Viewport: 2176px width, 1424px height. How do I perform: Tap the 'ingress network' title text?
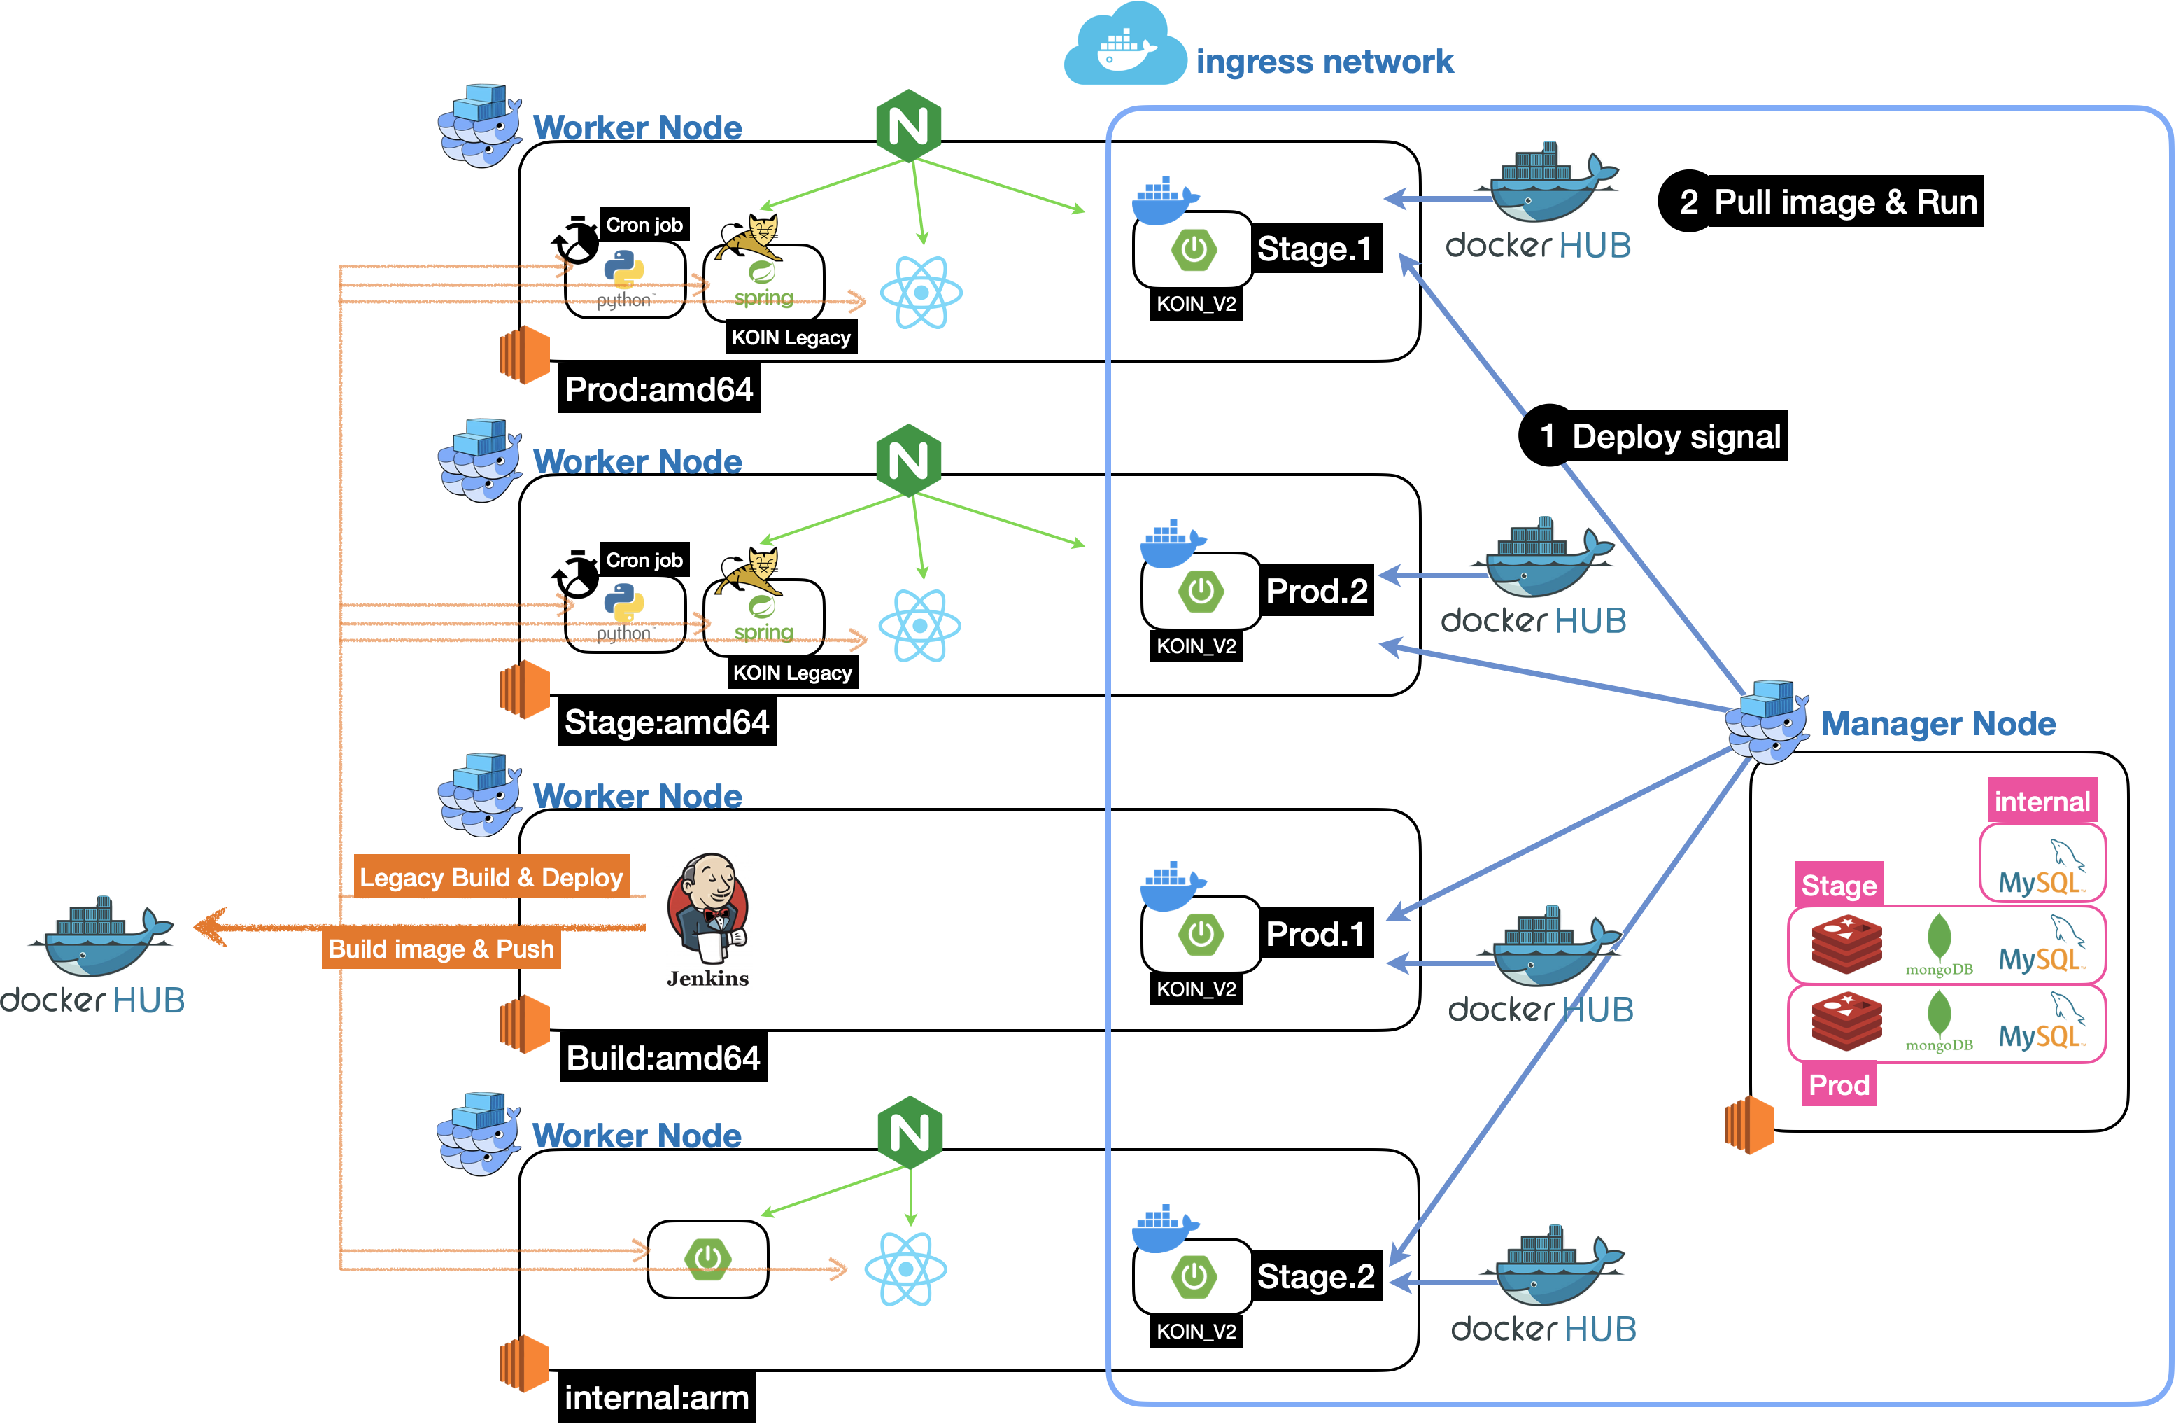pos(1324,62)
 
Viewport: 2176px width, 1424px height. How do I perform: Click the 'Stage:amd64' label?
pos(667,723)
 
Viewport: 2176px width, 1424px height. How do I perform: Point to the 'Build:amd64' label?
pos(663,1058)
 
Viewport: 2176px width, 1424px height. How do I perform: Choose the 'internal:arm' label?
pos(656,1397)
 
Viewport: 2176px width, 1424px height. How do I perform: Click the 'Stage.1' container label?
pos(1315,249)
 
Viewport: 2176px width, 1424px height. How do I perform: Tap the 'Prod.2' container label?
pos(1317,591)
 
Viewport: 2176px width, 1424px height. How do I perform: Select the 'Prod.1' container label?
pos(1315,934)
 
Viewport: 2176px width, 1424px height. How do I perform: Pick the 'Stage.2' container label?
pos(1315,1277)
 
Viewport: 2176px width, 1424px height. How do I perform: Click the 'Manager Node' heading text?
pos(1937,723)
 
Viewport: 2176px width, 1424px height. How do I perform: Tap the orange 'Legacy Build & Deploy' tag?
pos(491,877)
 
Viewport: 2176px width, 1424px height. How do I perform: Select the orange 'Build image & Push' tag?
pos(441,949)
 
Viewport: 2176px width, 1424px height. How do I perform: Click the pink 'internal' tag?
pos(2042,801)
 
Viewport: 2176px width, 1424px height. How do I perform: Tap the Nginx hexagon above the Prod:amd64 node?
pos(908,126)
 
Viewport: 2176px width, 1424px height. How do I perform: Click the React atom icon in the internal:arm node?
pos(905,1269)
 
